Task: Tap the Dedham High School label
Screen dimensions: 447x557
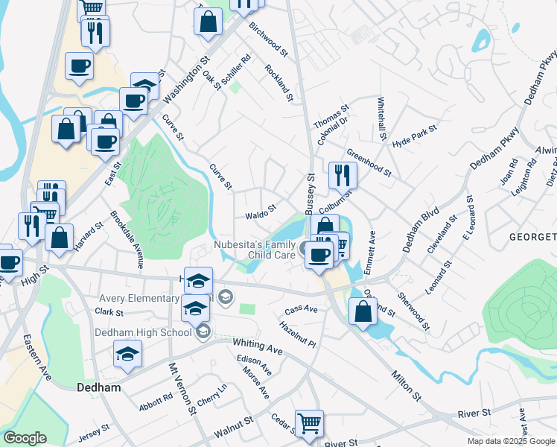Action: (142, 332)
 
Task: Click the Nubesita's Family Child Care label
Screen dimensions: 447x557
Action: (256, 249)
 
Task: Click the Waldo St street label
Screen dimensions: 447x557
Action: (261, 212)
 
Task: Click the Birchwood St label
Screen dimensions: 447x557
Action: (268, 41)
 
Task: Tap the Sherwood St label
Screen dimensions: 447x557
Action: (414, 310)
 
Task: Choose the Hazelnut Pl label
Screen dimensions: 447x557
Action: (299, 334)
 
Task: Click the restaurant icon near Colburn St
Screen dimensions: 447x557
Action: (343, 175)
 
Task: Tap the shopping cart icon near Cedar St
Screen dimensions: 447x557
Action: (309, 422)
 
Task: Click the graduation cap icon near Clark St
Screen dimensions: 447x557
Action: (194, 306)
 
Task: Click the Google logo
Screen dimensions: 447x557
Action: (25, 438)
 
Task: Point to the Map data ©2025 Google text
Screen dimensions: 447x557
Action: (510, 441)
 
